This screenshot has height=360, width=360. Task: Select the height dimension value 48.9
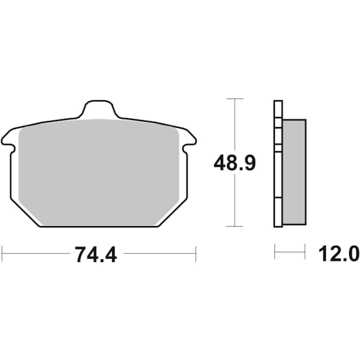pyautogui.click(x=235, y=163)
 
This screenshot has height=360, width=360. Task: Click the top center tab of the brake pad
pyautogui.click(x=98, y=110)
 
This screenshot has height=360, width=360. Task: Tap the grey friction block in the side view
pyautogui.click(x=294, y=170)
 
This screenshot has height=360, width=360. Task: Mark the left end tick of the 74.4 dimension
pyautogui.click(x=2, y=253)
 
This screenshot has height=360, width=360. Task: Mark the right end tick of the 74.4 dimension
pyautogui.click(x=196, y=253)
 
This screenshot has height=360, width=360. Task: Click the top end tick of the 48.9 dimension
pyautogui.click(x=235, y=98)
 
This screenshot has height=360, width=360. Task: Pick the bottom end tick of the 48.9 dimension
pyautogui.click(x=235, y=227)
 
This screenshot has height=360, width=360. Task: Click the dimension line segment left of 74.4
pyautogui.click(x=36, y=253)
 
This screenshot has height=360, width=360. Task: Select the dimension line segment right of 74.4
pyautogui.click(x=160, y=253)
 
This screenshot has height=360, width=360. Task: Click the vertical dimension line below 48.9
pyautogui.click(x=235, y=201)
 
